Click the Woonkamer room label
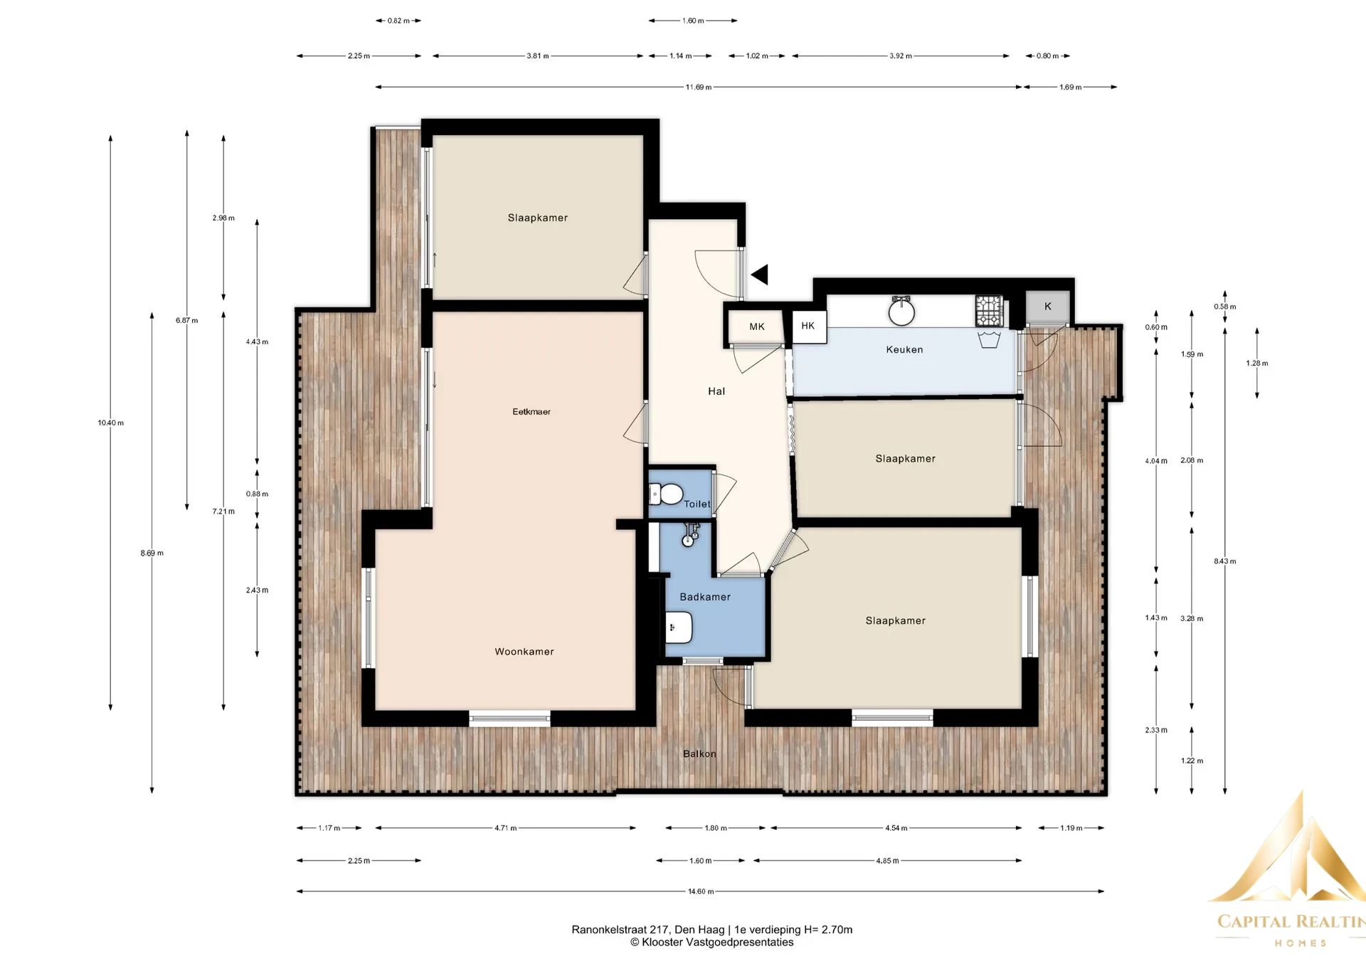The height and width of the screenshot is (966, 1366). [x=524, y=652]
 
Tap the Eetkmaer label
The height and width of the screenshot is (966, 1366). [x=531, y=412]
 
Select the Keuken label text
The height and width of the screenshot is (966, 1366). [x=904, y=350]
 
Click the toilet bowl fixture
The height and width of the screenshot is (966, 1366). [x=667, y=494]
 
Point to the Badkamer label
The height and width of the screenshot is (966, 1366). [x=705, y=597]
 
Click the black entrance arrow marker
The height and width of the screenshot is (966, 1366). [x=760, y=275]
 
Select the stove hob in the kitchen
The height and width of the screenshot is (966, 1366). [x=988, y=311]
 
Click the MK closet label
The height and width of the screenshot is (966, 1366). [x=757, y=327]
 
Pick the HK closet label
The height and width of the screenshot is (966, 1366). [x=808, y=326]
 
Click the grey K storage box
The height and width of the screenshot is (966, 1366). [x=1048, y=307]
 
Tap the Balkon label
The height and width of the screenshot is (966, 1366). [x=699, y=754]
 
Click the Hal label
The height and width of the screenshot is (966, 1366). [x=716, y=391]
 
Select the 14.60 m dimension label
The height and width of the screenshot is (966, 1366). [x=701, y=891]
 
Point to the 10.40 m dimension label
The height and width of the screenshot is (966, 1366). [x=111, y=423]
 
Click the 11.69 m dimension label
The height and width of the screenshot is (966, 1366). [x=699, y=87]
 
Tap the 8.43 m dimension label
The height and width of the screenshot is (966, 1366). [x=1225, y=562]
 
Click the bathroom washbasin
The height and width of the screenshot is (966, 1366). [x=679, y=628]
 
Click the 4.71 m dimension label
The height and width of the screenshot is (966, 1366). [x=506, y=828]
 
